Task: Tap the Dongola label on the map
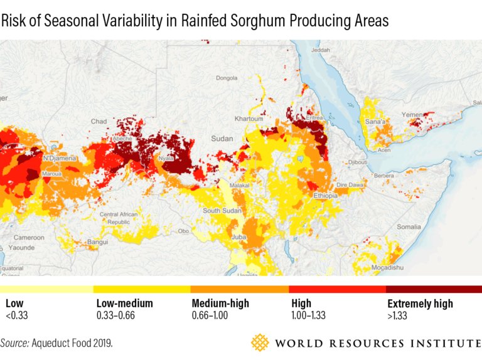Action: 227,78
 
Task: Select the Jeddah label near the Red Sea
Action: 320,50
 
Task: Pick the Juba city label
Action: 238,238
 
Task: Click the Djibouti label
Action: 358,162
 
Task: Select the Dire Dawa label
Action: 350,185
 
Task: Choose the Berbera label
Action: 384,176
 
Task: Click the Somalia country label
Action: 409,226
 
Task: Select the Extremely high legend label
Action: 420,304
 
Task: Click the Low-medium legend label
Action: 124,304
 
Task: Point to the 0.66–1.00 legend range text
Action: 210,315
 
